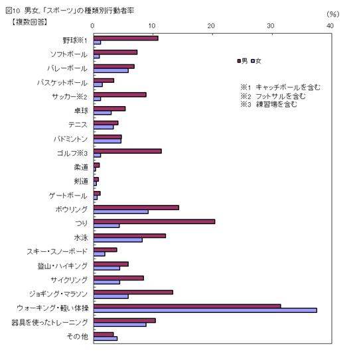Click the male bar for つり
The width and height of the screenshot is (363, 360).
pyautogui.click(x=154, y=221)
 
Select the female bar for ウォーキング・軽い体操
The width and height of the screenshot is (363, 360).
pyautogui.click(x=204, y=310)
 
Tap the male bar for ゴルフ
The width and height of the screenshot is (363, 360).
pyautogui.click(x=127, y=151)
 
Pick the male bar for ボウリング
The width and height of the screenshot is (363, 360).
pyautogui.click(x=136, y=208)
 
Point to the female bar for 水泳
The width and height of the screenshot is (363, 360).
pyautogui.click(x=117, y=240)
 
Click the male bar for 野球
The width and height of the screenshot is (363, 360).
pyautogui.click(x=125, y=38)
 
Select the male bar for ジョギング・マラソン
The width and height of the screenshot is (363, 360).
pyautogui.click(x=133, y=292)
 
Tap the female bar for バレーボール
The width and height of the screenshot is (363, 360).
pyautogui.click(x=111, y=70)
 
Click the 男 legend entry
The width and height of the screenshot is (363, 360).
pyautogui.click(x=243, y=61)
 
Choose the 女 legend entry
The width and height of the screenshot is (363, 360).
pyautogui.click(x=256, y=61)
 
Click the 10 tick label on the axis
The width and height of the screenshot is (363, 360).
pyautogui.click(x=152, y=25)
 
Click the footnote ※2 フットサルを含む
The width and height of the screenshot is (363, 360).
pyautogui.click(x=272, y=95)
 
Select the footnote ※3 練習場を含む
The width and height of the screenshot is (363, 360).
pyautogui.click(x=269, y=104)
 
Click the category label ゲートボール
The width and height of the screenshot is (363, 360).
pyautogui.click(x=68, y=196)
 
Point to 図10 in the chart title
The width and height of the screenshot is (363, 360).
pyautogui.click(x=13, y=9)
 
